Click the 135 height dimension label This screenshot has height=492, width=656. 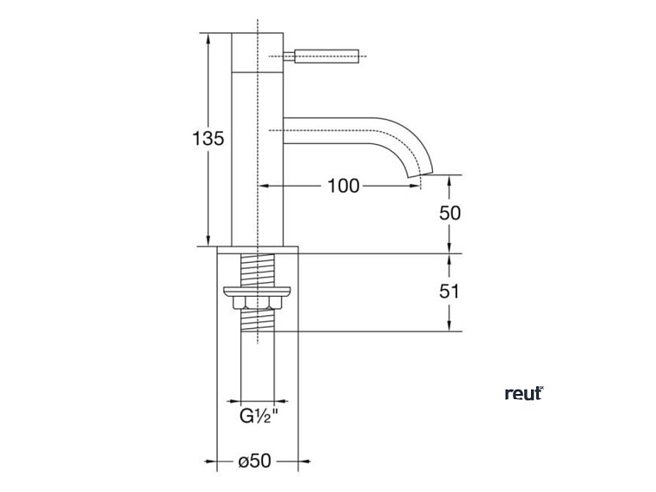point(208,138)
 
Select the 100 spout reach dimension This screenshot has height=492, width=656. point(343,185)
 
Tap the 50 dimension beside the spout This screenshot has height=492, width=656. point(449,213)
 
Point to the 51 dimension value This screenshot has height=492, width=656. point(449,292)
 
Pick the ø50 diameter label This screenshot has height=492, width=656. point(257,462)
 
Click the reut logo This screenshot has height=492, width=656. point(523,393)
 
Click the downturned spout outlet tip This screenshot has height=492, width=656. point(416,179)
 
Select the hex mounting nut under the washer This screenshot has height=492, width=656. point(258,304)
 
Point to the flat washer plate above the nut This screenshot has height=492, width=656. point(258,290)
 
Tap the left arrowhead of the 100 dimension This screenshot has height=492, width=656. point(265,185)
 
